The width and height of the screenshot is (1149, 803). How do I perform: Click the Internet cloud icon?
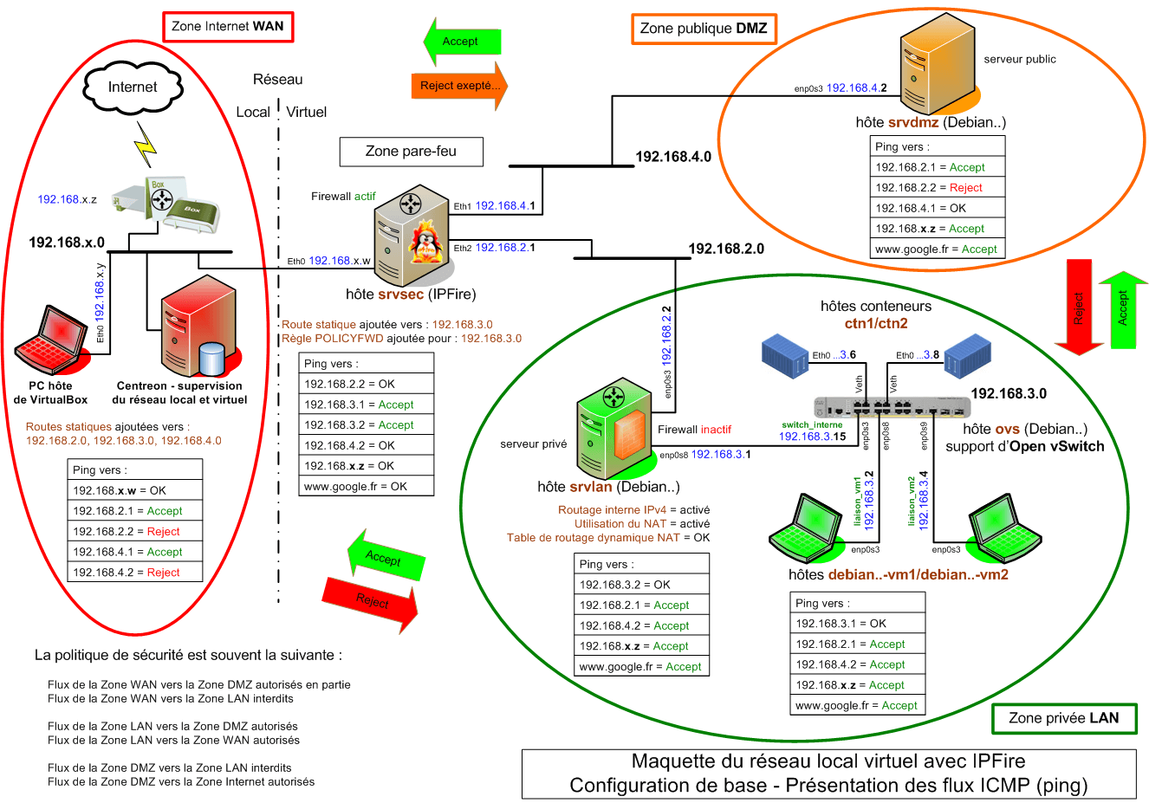point(133,87)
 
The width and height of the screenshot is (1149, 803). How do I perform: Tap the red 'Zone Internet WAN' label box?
point(228,26)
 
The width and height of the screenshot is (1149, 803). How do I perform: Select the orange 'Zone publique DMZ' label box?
point(704,29)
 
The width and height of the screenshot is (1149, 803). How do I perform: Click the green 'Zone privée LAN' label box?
point(1063,718)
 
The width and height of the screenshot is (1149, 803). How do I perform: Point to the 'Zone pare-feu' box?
point(411,152)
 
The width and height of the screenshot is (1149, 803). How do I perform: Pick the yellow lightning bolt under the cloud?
point(146,143)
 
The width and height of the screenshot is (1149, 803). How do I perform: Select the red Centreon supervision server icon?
point(198,325)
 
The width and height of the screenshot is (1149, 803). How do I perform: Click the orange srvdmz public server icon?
point(937,66)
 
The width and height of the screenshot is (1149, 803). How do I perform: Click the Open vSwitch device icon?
point(892,407)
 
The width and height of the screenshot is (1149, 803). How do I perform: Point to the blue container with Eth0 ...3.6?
point(785,355)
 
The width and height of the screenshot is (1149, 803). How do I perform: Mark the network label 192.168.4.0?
point(673,157)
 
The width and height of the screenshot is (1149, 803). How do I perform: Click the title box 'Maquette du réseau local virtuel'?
point(828,774)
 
